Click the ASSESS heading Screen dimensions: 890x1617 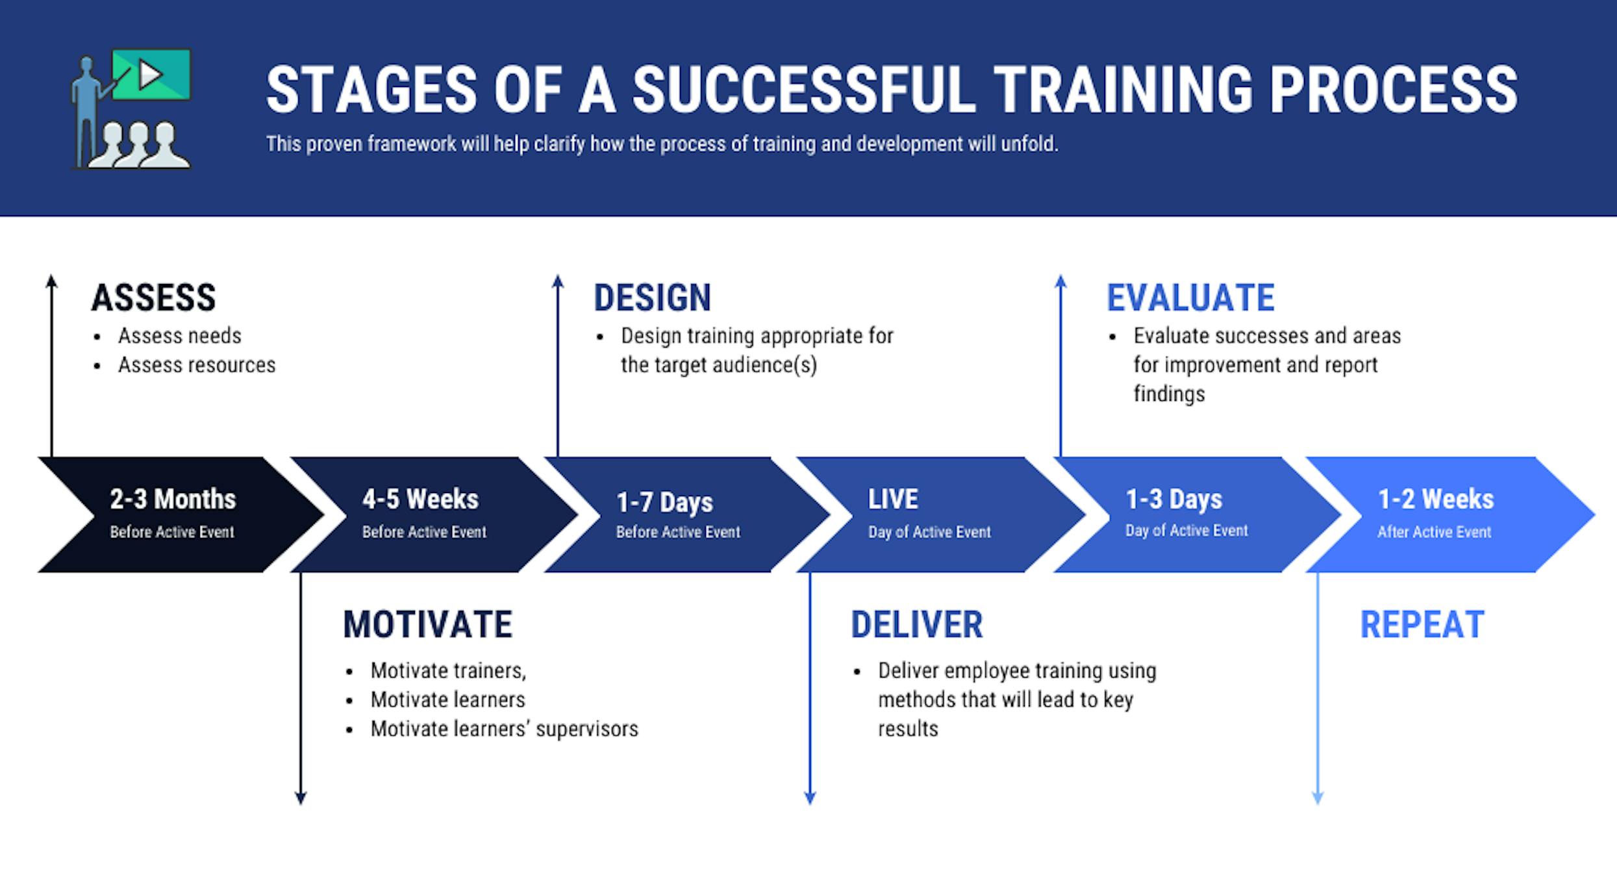point(153,298)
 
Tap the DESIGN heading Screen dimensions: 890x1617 point(652,298)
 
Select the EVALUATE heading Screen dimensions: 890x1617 point(1190,298)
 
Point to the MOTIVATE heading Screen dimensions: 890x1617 point(427,625)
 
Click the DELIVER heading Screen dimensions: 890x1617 point(916,625)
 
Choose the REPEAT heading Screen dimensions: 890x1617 point(1422,625)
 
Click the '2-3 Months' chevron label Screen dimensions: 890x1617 point(173,500)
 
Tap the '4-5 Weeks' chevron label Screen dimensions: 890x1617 point(420,500)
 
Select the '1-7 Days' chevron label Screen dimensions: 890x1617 point(664,502)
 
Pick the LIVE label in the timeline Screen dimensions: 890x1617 point(893,500)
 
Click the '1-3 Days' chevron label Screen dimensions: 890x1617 point(1174,500)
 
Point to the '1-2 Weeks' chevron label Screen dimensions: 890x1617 point(1436,500)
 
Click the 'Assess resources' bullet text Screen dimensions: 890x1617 point(197,365)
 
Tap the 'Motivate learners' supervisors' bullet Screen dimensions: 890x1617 point(504,729)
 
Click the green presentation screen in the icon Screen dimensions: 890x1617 point(151,74)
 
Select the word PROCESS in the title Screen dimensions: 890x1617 point(1394,90)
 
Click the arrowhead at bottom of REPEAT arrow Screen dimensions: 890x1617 point(1318,798)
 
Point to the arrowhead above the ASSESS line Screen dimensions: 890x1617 point(52,281)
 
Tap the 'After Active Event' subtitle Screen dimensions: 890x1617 point(1434,532)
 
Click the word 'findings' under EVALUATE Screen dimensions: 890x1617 point(1169,394)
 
